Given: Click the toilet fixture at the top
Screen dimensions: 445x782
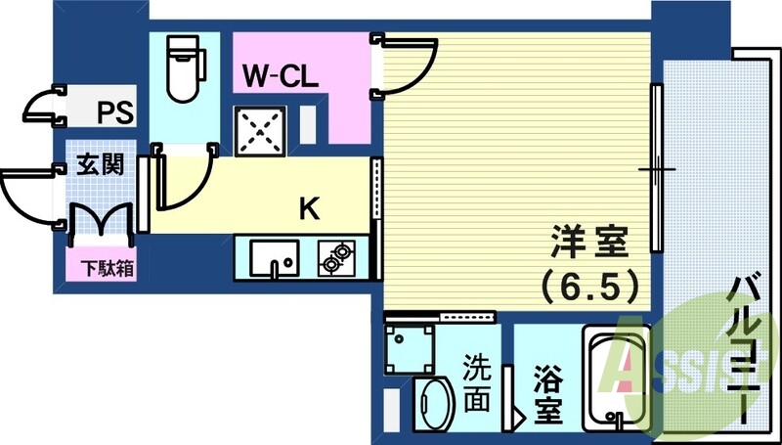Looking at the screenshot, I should tap(185, 68).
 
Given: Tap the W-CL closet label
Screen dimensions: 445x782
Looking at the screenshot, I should tap(281, 76).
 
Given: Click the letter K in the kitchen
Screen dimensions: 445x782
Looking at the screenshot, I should tap(309, 208).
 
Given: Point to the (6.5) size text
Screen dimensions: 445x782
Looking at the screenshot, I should tap(590, 286).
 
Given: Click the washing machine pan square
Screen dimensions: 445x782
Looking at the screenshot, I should tap(410, 344).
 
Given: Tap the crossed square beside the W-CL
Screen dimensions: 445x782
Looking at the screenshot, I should tap(259, 130).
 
